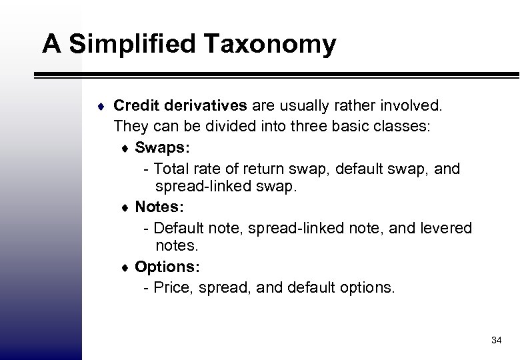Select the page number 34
click(495, 341)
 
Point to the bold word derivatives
click(204, 105)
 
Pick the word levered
click(446, 229)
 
